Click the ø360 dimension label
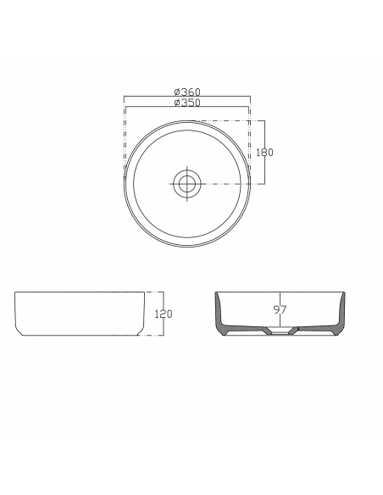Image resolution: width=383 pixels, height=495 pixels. click(187, 92)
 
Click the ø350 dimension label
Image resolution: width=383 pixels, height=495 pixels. click(187, 103)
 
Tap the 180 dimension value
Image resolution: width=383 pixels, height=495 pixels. click(264, 153)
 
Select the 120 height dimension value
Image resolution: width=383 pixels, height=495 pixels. click(164, 314)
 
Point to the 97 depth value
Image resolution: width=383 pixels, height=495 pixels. click(280, 309)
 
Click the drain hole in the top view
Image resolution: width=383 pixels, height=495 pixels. click(187, 183)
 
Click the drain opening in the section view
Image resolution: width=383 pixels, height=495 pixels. click(280, 331)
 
